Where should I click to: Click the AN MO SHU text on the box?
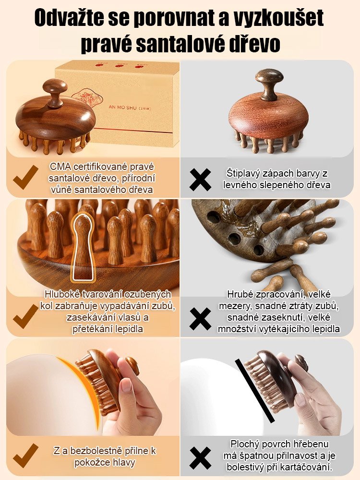click(x=122, y=108)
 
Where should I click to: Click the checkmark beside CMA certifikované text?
click(x=26, y=177)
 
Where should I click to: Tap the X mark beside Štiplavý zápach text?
click(x=200, y=180)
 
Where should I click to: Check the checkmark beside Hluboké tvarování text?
click(x=26, y=316)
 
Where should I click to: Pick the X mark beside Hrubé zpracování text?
click(x=200, y=319)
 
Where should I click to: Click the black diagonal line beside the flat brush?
click(x=255, y=391)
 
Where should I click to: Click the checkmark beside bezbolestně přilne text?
click(x=26, y=456)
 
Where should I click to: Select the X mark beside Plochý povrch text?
click(x=200, y=458)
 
